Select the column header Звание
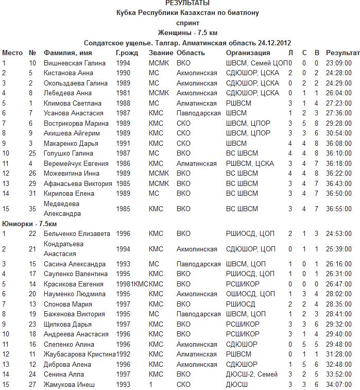160,53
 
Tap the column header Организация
248,53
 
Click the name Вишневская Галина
75,63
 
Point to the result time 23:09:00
339,63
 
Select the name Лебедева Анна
67,93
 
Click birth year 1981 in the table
123,93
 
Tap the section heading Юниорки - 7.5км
29,224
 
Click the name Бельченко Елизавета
77,234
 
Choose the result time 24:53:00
339,234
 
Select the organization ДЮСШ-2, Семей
251,375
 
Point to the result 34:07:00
339,384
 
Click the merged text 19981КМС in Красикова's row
132,284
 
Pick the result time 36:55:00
339,209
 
